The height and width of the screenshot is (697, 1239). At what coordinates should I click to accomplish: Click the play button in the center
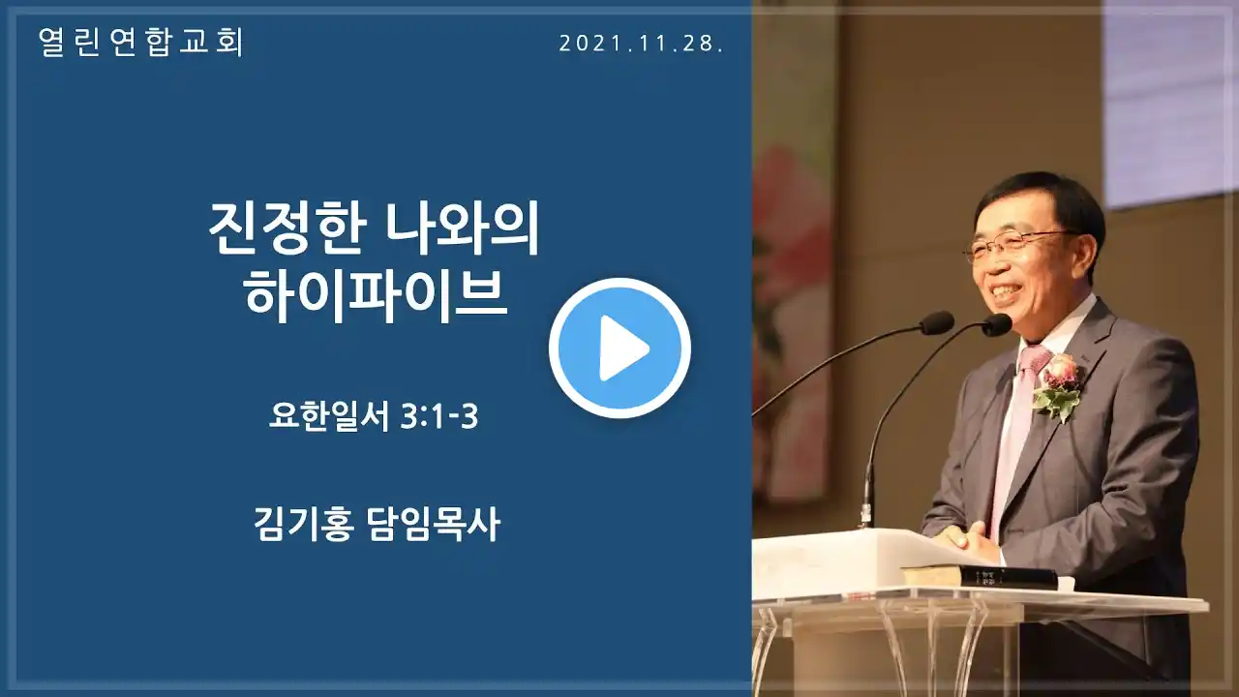619,348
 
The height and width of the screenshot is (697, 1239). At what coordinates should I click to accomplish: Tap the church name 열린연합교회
141,42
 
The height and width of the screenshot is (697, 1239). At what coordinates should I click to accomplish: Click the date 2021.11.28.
641,44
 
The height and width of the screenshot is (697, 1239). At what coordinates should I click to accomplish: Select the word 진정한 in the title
288,228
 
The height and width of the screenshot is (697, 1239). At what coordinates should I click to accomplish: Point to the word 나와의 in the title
463,228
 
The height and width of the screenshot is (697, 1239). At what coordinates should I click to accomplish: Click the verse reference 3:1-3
438,416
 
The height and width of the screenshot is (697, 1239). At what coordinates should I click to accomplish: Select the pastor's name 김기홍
304,524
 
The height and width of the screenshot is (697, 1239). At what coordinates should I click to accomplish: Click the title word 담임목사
434,524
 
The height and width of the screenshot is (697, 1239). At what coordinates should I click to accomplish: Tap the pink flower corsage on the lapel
1058,384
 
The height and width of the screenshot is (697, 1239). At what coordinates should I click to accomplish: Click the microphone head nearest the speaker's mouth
997,324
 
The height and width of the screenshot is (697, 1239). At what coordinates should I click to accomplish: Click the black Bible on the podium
979,576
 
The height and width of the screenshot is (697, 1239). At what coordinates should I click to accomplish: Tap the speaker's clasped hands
966,539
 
